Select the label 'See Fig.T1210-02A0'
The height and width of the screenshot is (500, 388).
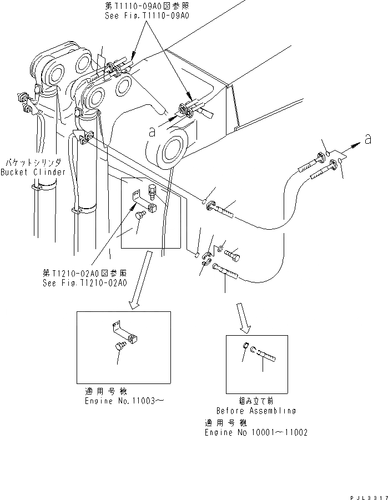tap(84, 282)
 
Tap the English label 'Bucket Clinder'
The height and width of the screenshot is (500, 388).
tap(33, 172)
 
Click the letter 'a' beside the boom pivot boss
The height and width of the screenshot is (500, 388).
tap(151, 132)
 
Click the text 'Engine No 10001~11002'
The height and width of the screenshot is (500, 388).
tap(256, 432)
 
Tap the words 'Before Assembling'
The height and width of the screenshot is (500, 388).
tap(256, 411)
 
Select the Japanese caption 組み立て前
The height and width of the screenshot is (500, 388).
tap(255, 401)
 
